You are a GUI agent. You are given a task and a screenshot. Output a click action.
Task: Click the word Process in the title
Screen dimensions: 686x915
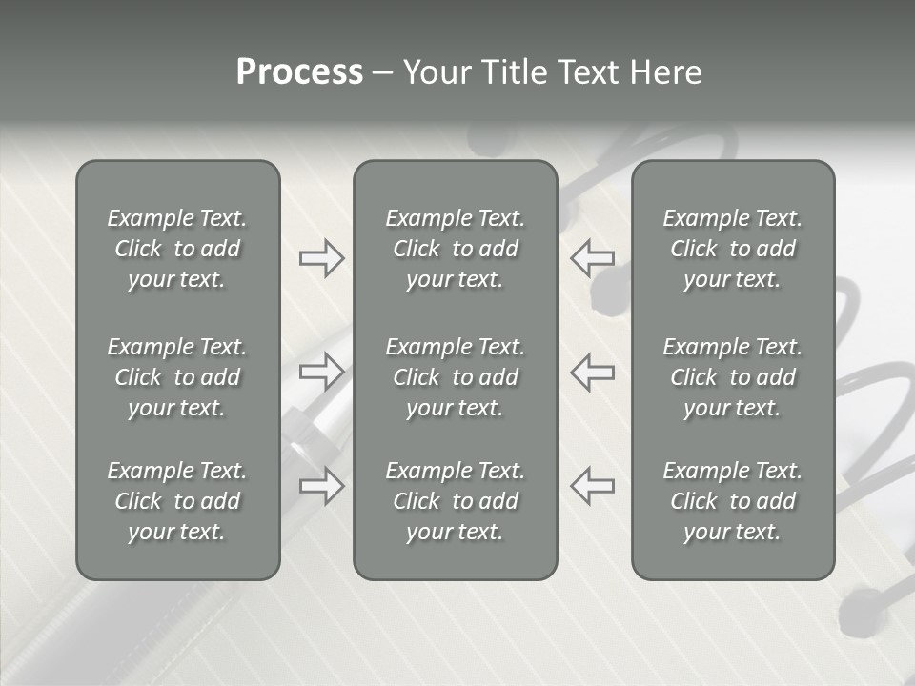click(299, 72)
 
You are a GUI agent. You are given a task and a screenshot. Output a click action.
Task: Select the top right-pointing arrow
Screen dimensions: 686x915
click(321, 258)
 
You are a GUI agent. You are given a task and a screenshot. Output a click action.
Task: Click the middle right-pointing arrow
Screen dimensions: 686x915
click(321, 371)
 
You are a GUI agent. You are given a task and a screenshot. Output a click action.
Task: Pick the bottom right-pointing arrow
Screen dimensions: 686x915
click(321, 486)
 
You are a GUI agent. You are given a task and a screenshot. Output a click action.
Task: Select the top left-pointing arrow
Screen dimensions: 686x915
click(593, 258)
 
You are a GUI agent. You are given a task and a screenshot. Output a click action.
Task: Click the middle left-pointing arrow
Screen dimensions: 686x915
click(593, 371)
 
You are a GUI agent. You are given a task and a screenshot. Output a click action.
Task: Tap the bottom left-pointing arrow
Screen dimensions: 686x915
click(593, 486)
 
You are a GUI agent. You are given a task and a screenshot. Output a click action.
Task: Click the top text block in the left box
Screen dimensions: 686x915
click(177, 249)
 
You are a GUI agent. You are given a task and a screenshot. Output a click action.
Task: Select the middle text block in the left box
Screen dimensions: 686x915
click(177, 377)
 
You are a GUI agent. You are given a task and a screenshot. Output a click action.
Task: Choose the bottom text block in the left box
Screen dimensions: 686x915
click(177, 501)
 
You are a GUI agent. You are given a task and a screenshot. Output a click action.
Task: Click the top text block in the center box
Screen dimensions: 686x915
click(455, 249)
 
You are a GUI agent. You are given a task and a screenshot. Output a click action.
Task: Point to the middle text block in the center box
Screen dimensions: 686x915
click(455, 377)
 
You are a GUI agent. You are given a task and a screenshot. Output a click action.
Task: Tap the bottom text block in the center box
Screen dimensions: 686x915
click(455, 501)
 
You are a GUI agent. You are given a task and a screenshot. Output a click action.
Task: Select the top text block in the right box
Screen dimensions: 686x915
click(732, 249)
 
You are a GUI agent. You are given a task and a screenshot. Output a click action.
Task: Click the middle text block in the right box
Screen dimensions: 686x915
click(732, 377)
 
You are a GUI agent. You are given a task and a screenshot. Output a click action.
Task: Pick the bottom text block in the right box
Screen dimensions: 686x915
click(732, 501)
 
